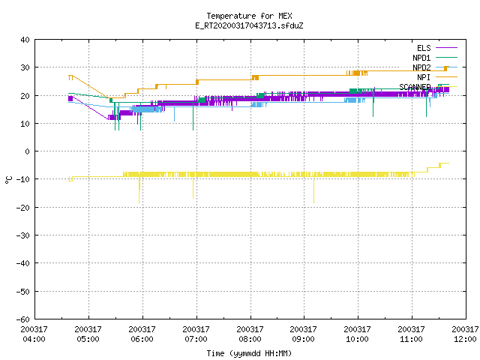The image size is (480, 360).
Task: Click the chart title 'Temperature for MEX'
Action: (x=249, y=16)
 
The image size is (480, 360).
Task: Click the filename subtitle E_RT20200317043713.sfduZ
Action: (x=249, y=25)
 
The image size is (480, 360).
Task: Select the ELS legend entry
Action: (x=437, y=48)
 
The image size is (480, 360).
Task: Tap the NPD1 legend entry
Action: (x=435, y=58)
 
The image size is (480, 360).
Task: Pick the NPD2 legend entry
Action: (x=435, y=67)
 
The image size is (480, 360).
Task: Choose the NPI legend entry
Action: (x=437, y=77)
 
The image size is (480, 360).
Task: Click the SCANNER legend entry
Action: (x=428, y=87)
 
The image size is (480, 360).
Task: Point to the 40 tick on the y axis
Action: (x=25, y=40)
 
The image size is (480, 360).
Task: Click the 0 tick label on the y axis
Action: (x=28, y=151)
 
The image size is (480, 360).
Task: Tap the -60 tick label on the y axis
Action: (x=23, y=319)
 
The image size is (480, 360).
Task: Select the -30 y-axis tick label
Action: (x=23, y=235)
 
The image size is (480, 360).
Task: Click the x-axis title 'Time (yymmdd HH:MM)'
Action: (x=249, y=353)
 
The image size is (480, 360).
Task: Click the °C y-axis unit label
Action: (x=8, y=180)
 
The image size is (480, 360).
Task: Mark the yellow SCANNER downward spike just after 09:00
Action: (x=313, y=190)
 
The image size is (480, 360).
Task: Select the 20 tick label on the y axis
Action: (x=25, y=96)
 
